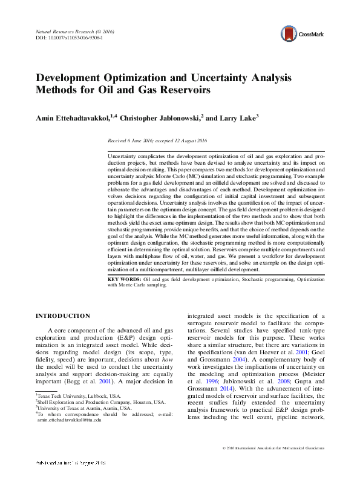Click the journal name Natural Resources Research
coord(55,31)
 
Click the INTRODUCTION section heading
coord(63,315)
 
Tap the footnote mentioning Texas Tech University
coord(70,395)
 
